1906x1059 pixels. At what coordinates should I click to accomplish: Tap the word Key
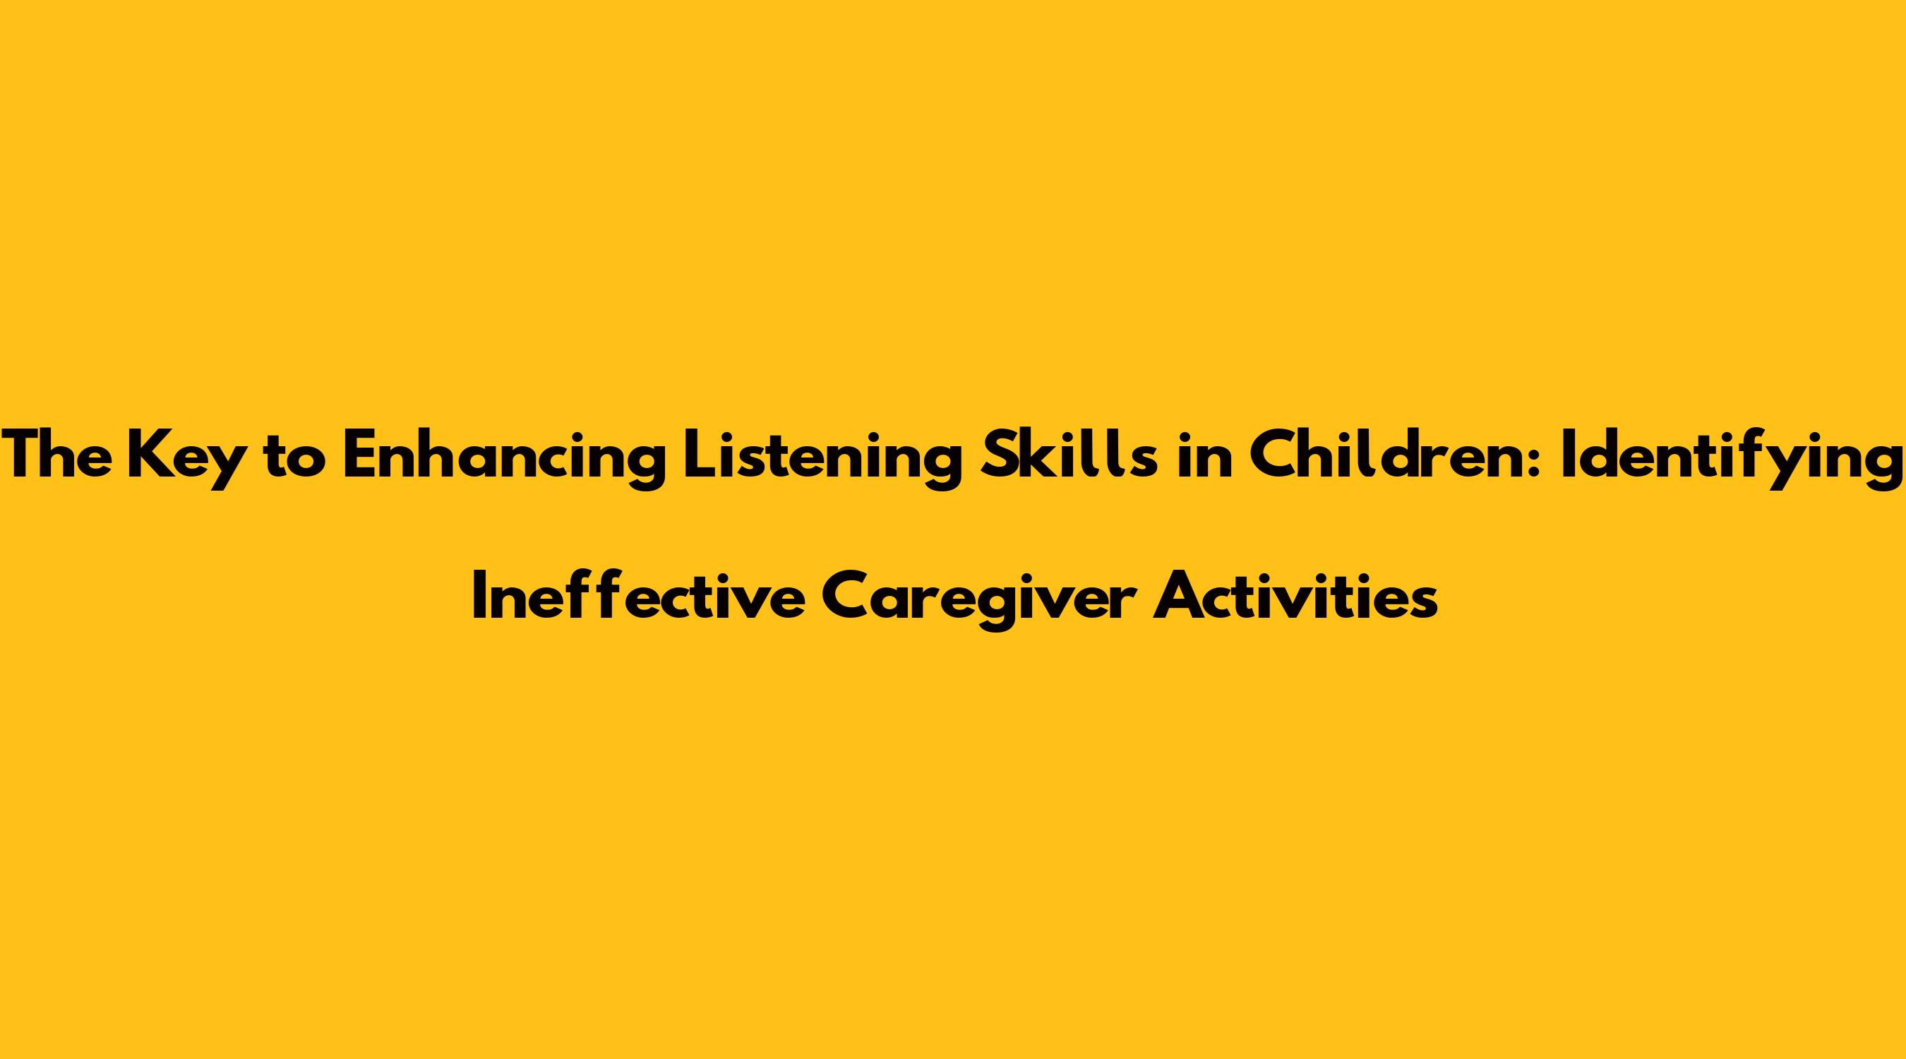(x=186, y=460)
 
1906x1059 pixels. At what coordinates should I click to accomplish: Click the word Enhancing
(x=504, y=460)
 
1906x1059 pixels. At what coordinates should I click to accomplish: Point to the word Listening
(x=822, y=460)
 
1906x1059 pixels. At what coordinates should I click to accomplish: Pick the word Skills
(x=1069, y=455)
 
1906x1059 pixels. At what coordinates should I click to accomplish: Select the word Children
(x=1401, y=455)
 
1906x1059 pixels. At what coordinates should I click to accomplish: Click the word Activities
(x=1295, y=594)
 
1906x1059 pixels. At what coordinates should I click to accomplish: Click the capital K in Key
(x=148, y=455)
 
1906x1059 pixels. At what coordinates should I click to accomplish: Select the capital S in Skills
(x=998, y=455)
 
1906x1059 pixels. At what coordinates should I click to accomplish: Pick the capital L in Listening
(x=698, y=455)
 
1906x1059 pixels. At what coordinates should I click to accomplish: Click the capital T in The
(x=21, y=455)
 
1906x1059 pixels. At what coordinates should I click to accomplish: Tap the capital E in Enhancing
(x=359, y=455)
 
